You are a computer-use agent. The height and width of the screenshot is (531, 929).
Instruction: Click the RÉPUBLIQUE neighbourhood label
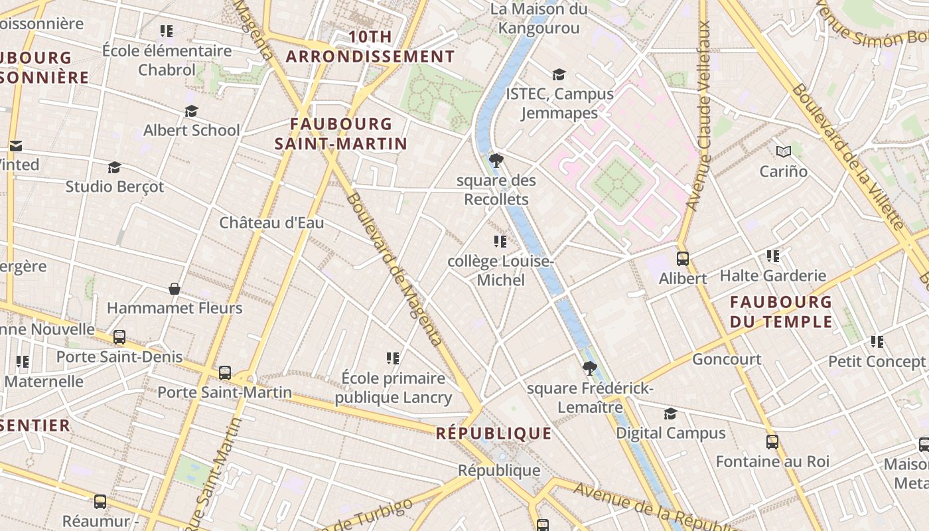(494, 433)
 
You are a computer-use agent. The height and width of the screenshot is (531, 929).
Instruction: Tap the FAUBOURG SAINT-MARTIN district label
(341, 133)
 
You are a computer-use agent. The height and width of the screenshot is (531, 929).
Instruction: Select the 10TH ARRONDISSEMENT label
(370, 46)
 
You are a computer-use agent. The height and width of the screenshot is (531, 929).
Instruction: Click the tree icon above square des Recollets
(496, 161)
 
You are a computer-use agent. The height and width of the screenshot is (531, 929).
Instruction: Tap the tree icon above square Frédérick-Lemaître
(589, 368)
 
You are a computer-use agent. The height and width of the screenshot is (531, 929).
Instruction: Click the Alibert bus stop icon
(682, 259)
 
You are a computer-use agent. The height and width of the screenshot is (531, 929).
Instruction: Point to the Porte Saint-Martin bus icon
(225, 373)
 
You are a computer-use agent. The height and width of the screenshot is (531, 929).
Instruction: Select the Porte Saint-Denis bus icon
(119, 337)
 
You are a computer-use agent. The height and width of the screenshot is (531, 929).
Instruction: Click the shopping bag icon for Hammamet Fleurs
(175, 289)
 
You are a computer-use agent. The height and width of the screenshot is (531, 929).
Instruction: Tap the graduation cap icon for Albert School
(191, 111)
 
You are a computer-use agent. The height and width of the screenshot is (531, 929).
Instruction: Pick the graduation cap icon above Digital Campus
(670, 414)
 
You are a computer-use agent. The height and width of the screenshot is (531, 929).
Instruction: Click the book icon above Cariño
(784, 151)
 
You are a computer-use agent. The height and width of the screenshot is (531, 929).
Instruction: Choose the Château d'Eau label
(271, 223)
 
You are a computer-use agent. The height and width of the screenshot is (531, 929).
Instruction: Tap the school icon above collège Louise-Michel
(500, 242)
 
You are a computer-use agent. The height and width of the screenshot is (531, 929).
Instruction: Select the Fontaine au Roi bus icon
(772, 442)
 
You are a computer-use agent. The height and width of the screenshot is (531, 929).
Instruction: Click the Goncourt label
(727, 359)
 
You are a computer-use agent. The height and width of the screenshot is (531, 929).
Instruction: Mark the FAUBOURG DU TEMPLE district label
(781, 312)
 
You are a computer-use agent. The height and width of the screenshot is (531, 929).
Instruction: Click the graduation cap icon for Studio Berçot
(115, 167)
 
